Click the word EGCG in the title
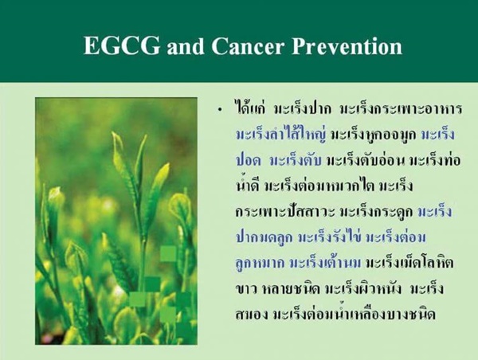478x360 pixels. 122,46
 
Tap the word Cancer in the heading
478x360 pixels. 248,46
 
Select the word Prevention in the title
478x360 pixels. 347,46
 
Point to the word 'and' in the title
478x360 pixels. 186,47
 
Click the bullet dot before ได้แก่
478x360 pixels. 220,111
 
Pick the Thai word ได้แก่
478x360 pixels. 251,108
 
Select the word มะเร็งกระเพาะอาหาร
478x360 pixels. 401,108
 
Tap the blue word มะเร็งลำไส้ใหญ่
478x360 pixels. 280,133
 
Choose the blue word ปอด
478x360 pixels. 249,160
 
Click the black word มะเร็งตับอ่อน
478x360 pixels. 365,160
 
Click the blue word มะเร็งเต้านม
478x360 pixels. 325,262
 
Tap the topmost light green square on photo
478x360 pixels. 168,253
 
